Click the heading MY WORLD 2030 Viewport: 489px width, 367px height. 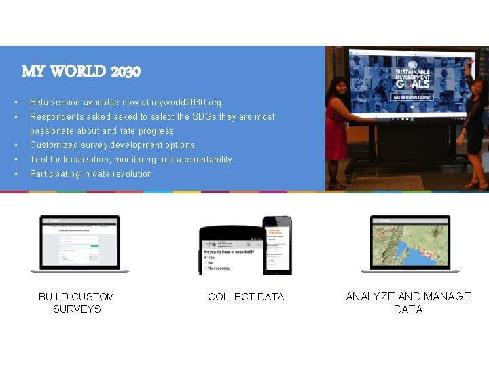coord(81,71)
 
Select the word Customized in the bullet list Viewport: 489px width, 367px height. coord(55,145)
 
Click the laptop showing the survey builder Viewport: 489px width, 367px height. coord(79,243)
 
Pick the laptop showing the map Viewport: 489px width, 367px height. coord(410,243)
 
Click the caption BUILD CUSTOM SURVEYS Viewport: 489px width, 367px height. coord(77,302)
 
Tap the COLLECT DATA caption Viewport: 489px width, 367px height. coord(246,297)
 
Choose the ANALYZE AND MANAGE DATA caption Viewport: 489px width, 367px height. coord(408,302)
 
